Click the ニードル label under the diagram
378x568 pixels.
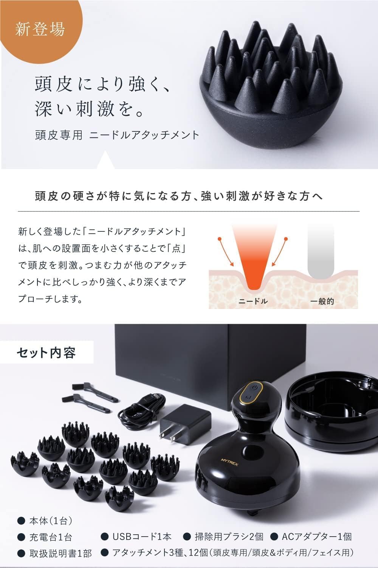click(253, 301)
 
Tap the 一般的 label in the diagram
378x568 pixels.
click(322, 301)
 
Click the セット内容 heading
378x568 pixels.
click(46, 353)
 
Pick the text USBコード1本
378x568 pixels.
click(142, 537)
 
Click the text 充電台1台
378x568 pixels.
click(51, 537)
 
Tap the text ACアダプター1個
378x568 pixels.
click(317, 537)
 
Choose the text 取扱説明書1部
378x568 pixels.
click(60, 553)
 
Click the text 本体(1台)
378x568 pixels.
click(51, 521)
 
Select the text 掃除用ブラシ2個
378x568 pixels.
click(228, 537)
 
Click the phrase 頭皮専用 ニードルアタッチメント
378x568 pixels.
click(117, 135)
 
